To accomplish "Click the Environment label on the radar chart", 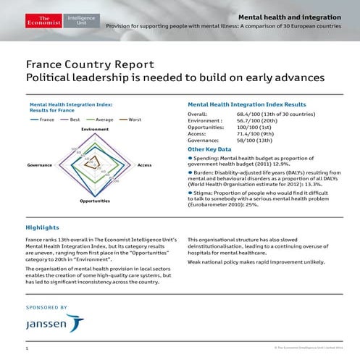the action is (x=95, y=129).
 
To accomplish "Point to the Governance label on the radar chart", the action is (x=40, y=165).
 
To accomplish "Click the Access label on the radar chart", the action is (x=145, y=165).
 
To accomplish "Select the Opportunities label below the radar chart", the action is (x=95, y=201).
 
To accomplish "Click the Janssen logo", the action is (x=55, y=325).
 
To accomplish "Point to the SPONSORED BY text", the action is (x=46, y=308).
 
